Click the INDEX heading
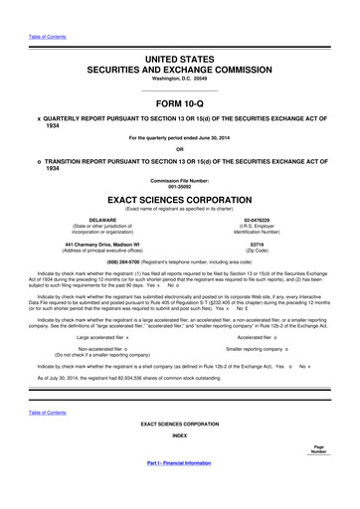pyautogui.click(x=179, y=463)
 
